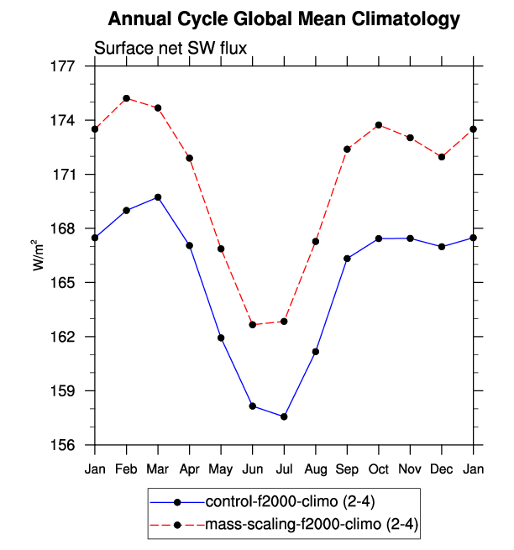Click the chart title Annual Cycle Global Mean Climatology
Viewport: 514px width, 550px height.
point(285,18)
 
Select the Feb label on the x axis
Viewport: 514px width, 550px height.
point(126,467)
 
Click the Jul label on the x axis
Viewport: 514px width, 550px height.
point(285,467)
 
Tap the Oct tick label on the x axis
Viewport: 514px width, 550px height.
point(380,467)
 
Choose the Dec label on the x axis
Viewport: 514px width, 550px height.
point(442,467)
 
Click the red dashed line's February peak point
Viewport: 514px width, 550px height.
point(126,98)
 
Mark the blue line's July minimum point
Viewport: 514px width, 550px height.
point(285,416)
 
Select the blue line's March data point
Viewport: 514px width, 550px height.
point(158,197)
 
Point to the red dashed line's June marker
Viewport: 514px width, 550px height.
point(253,324)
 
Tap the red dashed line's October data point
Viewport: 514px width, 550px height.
point(380,125)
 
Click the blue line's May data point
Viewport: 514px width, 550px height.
point(221,338)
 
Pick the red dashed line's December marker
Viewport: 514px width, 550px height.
point(442,157)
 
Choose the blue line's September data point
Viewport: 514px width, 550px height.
point(347,258)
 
